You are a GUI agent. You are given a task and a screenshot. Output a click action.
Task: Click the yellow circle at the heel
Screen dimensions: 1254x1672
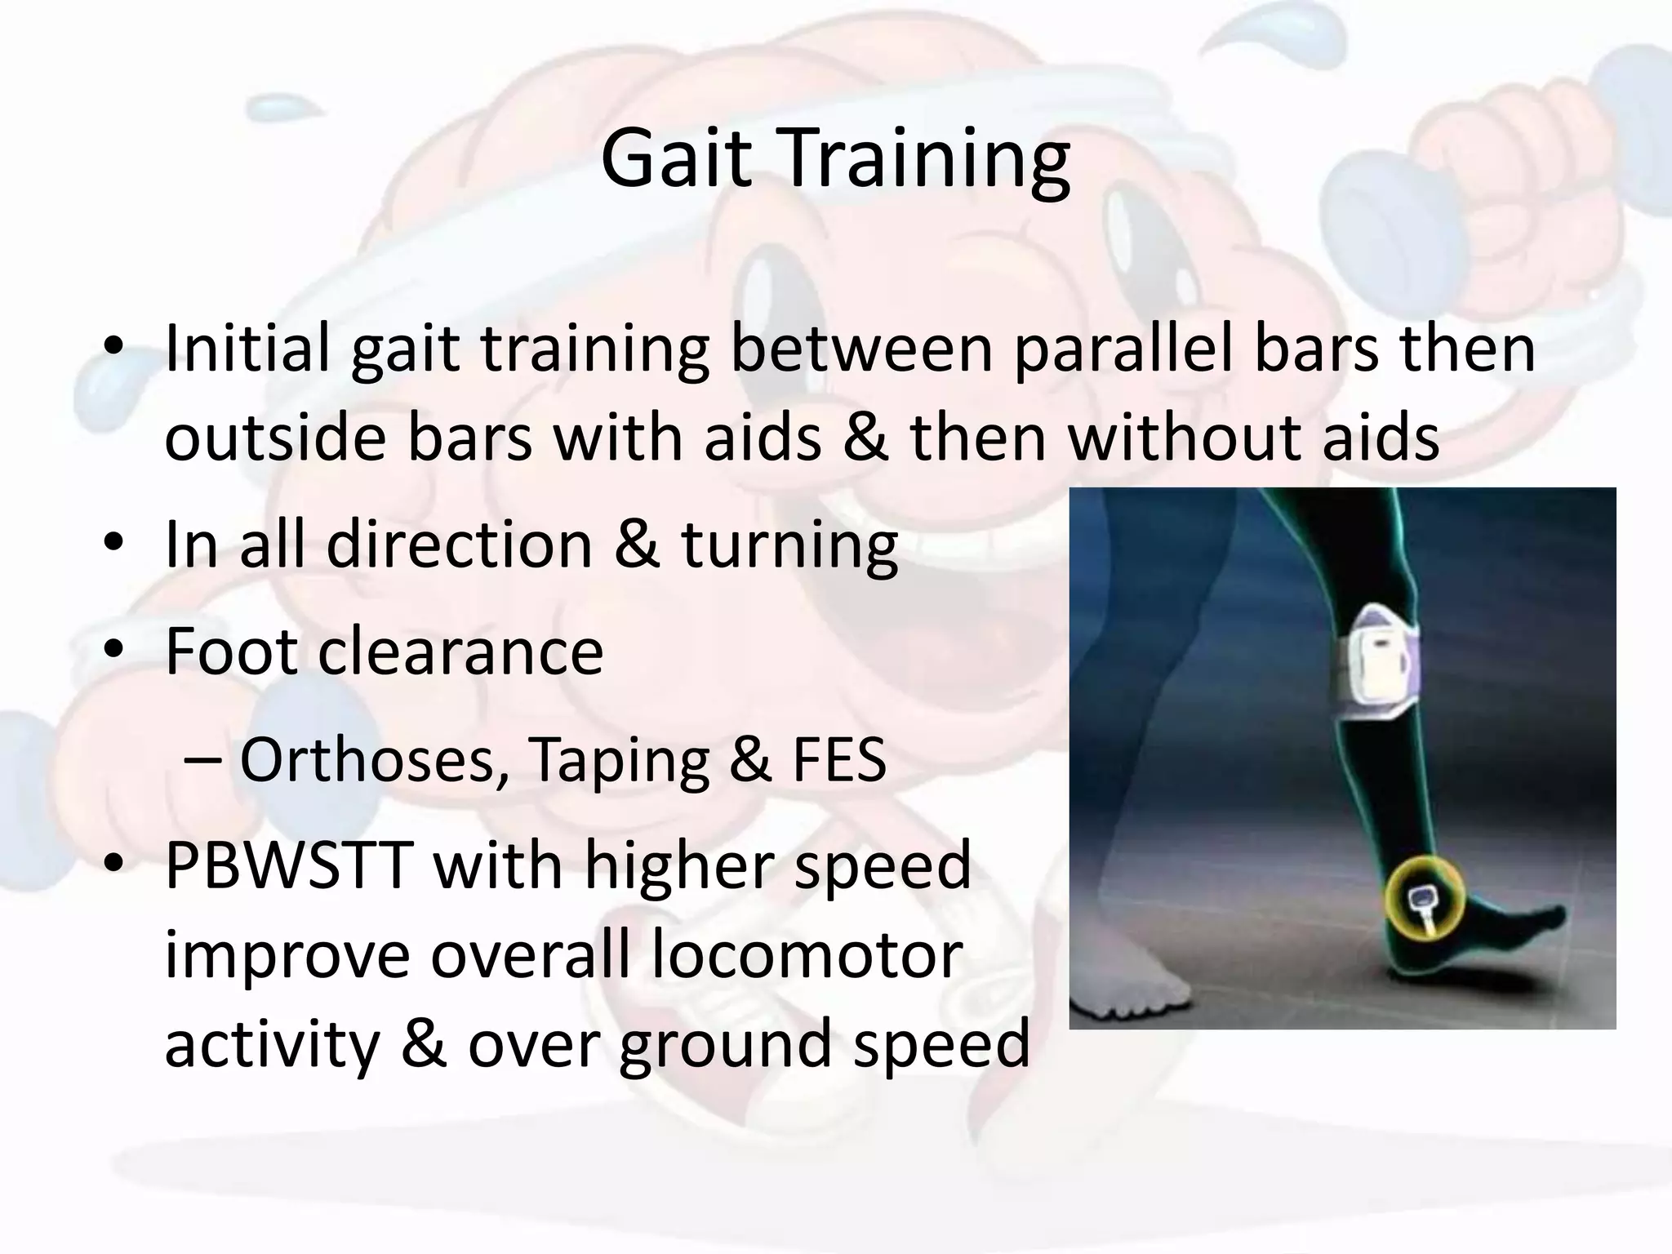pos(1423,898)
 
